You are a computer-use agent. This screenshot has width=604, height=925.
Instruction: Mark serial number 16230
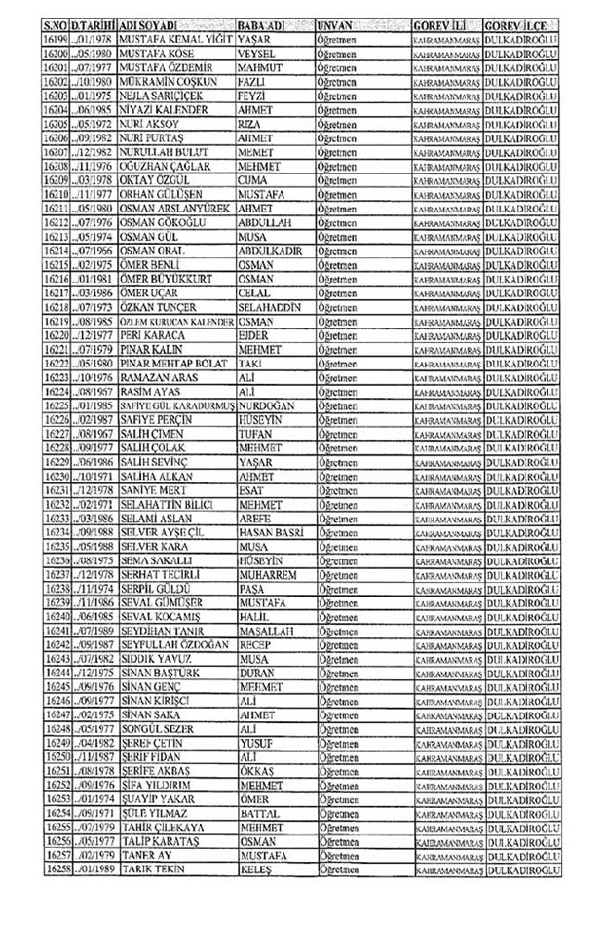click(60, 498)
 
